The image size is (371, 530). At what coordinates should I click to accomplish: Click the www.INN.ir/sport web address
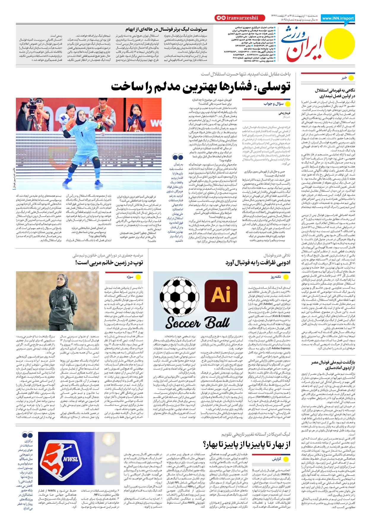[338, 18]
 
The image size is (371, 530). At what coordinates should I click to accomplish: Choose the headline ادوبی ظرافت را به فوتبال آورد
[258, 262]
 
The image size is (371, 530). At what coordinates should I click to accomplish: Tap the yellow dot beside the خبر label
[351, 78]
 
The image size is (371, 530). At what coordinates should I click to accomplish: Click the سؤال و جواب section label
[273, 104]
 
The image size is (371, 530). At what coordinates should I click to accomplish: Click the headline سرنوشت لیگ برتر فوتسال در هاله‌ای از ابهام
[166, 29]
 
